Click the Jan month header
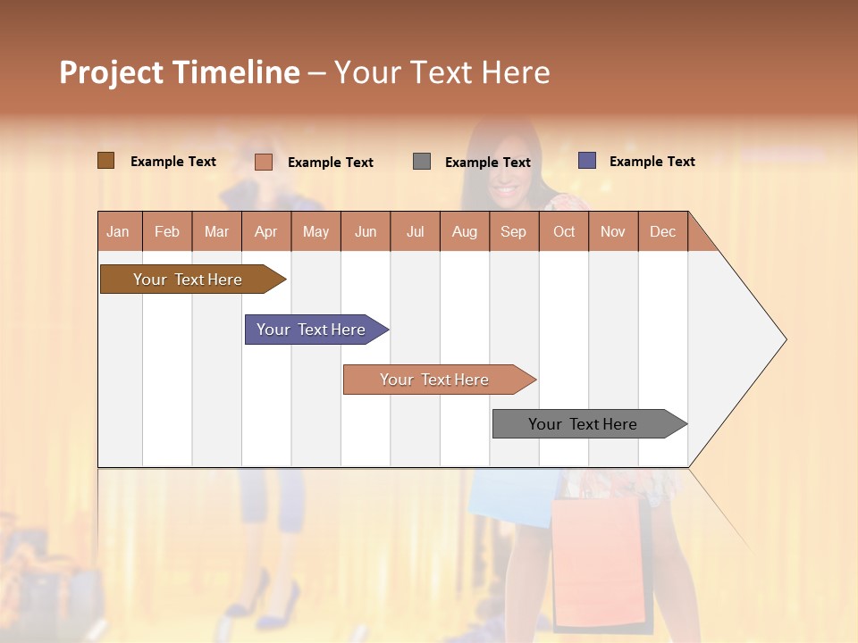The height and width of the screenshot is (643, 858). (119, 231)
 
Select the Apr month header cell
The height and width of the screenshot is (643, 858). (266, 231)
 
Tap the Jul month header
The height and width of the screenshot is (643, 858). (415, 231)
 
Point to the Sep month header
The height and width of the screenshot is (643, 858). (514, 231)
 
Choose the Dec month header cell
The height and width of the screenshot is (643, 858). (662, 231)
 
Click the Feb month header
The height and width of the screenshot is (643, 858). (167, 231)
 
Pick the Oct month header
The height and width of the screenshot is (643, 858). (564, 231)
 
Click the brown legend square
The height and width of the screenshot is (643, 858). (106, 161)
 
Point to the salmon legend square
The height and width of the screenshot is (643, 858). (264, 162)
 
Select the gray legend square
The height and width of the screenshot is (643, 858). (422, 162)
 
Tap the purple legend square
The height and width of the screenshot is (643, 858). (587, 161)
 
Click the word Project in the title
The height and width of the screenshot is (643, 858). (111, 72)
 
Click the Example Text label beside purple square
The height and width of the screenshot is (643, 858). (652, 162)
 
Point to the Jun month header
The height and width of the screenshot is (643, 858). (366, 231)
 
